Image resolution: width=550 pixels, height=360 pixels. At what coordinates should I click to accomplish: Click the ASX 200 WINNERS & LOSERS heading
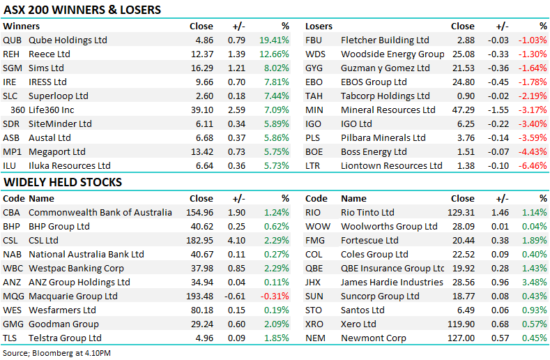[82, 10]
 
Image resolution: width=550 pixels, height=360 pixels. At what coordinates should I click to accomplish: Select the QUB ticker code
[12, 40]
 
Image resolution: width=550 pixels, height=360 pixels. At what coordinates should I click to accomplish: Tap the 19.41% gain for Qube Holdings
[274, 40]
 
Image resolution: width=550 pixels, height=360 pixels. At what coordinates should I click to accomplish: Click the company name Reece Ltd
[49, 54]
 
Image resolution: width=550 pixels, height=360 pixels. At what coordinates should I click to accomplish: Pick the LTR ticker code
[314, 166]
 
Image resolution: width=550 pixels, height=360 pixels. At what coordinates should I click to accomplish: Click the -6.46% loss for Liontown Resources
[533, 166]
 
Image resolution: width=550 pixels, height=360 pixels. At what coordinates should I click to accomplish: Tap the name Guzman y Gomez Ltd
[385, 68]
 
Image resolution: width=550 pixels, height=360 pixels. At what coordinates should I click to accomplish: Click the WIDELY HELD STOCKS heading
[63, 182]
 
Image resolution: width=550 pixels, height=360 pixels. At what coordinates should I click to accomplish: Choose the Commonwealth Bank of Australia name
[100, 213]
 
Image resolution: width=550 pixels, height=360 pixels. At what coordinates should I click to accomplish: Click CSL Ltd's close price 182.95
[199, 241]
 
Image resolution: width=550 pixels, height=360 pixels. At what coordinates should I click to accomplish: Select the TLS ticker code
[11, 338]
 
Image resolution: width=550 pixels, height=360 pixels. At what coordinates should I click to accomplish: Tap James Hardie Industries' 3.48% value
[535, 283]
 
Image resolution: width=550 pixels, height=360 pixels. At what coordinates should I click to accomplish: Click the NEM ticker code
[316, 338]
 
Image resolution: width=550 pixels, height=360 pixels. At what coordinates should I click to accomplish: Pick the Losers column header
[319, 27]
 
